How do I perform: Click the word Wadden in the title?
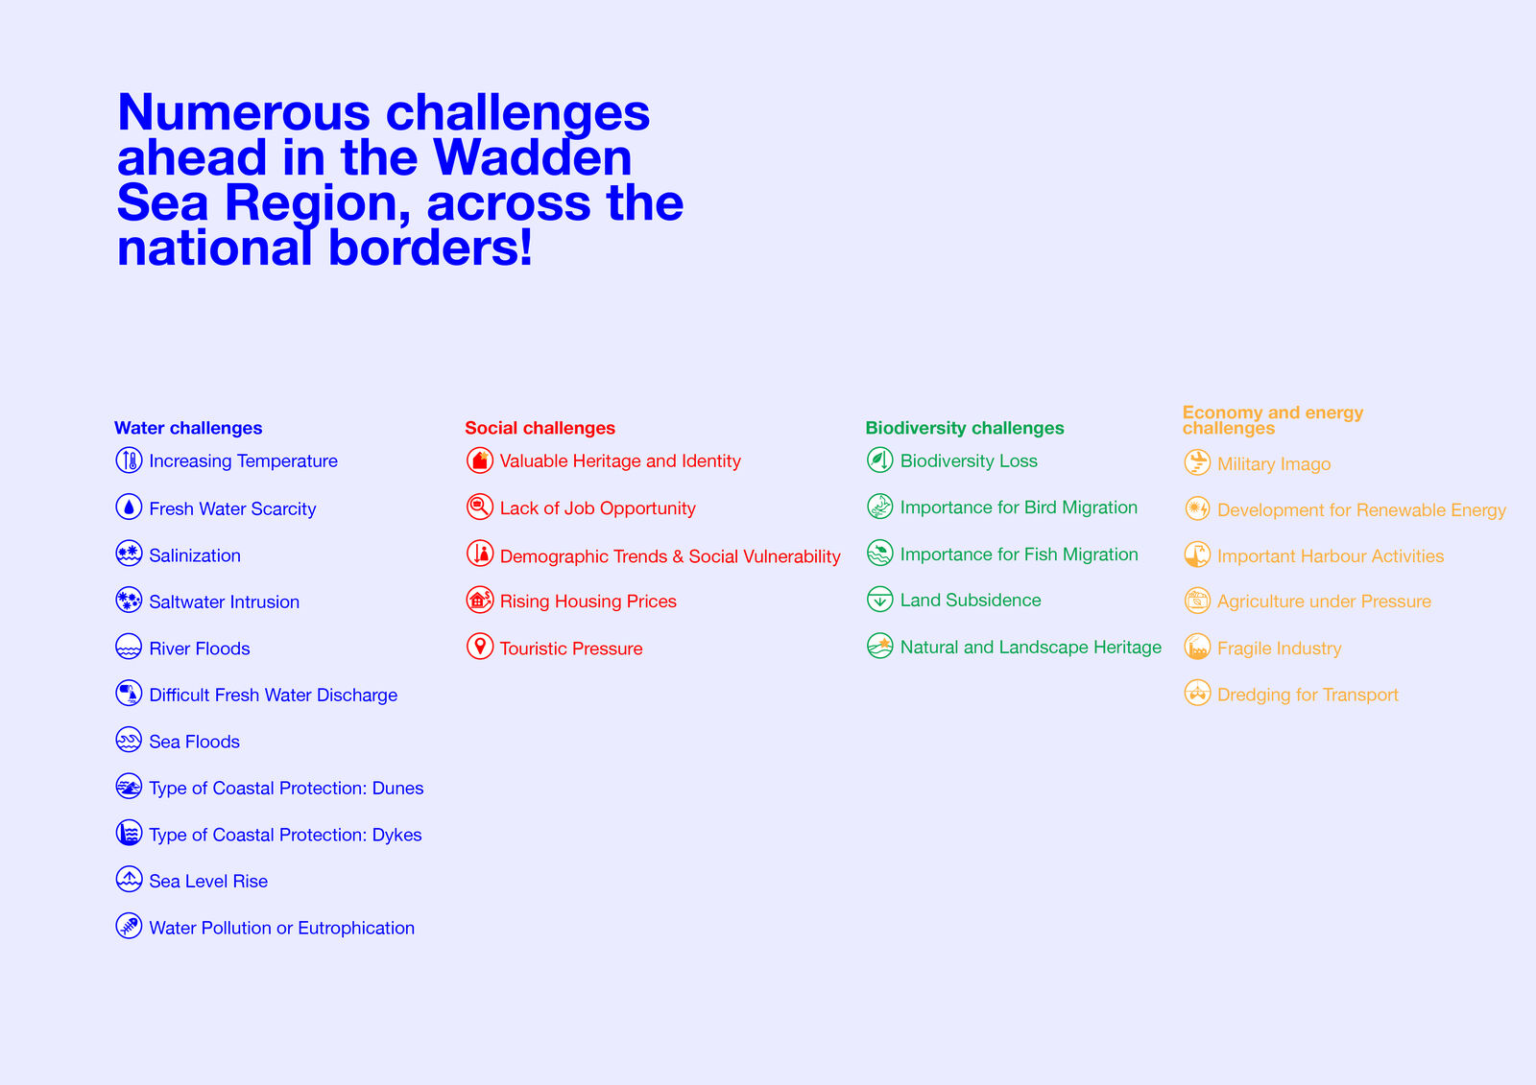(x=532, y=157)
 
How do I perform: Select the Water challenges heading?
(x=188, y=428)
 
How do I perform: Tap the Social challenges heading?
(x=540, y=428)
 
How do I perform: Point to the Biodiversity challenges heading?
(x=964, y=428)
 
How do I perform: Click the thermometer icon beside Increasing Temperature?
(x=129, y=460)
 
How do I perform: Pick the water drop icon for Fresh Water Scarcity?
(x=129, y=507)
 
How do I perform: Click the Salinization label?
(x=195, y=555)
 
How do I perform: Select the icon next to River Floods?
(x=129, y=647)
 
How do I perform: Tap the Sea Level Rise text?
(x=208, y=881)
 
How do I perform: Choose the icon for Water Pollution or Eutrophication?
(x=129, y=926)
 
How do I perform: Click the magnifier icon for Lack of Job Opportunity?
(x=480, y=507)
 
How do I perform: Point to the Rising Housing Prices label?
(x=588, y=601)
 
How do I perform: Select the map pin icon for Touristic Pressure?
(x=480, y=647)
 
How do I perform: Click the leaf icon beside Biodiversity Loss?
(x=879, y=460)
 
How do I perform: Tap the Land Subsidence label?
(x=971, y=600)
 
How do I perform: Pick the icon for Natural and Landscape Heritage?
(x=879, y=646)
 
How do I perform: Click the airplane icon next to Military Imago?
(x=1197, y=462)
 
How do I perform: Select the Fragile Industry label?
(x=1279, y=648)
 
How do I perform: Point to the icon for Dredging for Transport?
(x=1197, y=693)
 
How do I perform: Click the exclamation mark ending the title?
(x=526, y=248)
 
